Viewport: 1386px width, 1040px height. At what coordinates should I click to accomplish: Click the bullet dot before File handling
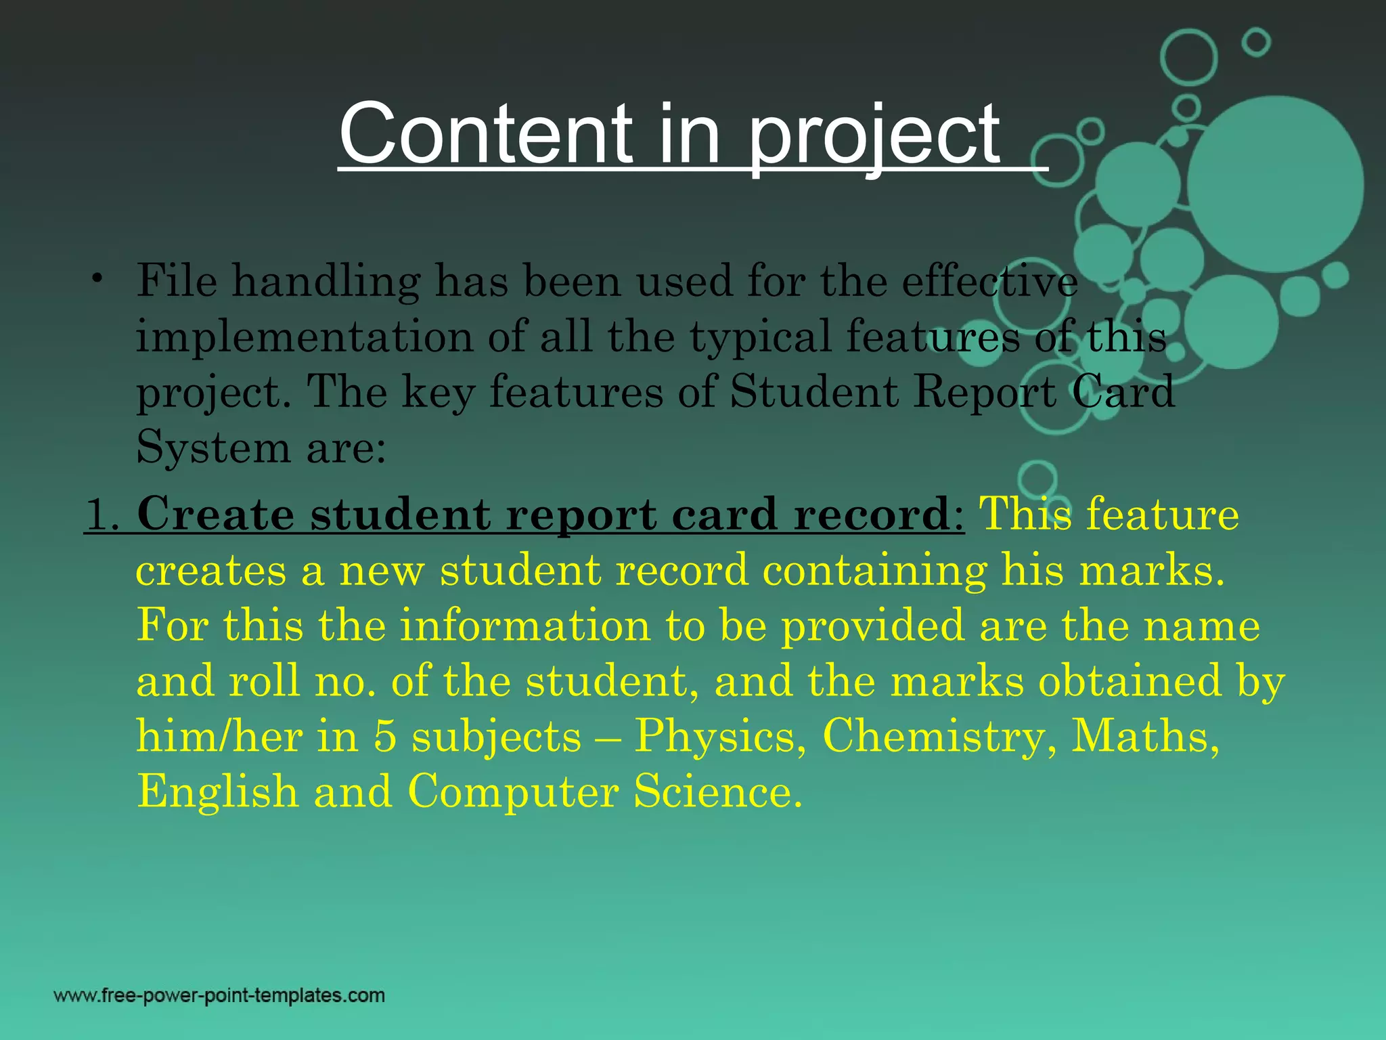pyautogui.click(x=99, y=279)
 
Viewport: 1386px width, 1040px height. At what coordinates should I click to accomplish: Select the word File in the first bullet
pyautogui.click(x=177, y=280)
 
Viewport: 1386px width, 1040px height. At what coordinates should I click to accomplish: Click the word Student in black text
pyautogui.click(x=813, y=392)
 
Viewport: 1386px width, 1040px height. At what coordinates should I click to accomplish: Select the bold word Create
pyautogui.click(x=215, y=515)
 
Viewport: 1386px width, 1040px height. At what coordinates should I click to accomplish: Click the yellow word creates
pyautogui.click(x=210, y=571)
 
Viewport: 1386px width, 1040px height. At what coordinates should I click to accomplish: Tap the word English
pyautogui.click(x=217, y=792)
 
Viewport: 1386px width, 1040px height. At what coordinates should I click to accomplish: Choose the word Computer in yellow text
pyautogui.click(x=512, y=792)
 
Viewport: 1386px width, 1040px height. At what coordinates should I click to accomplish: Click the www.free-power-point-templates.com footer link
pyautogui.click(x=219, y=996)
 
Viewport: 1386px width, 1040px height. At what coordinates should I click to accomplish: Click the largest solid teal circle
pyautogui.click(x=1275, y=184)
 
